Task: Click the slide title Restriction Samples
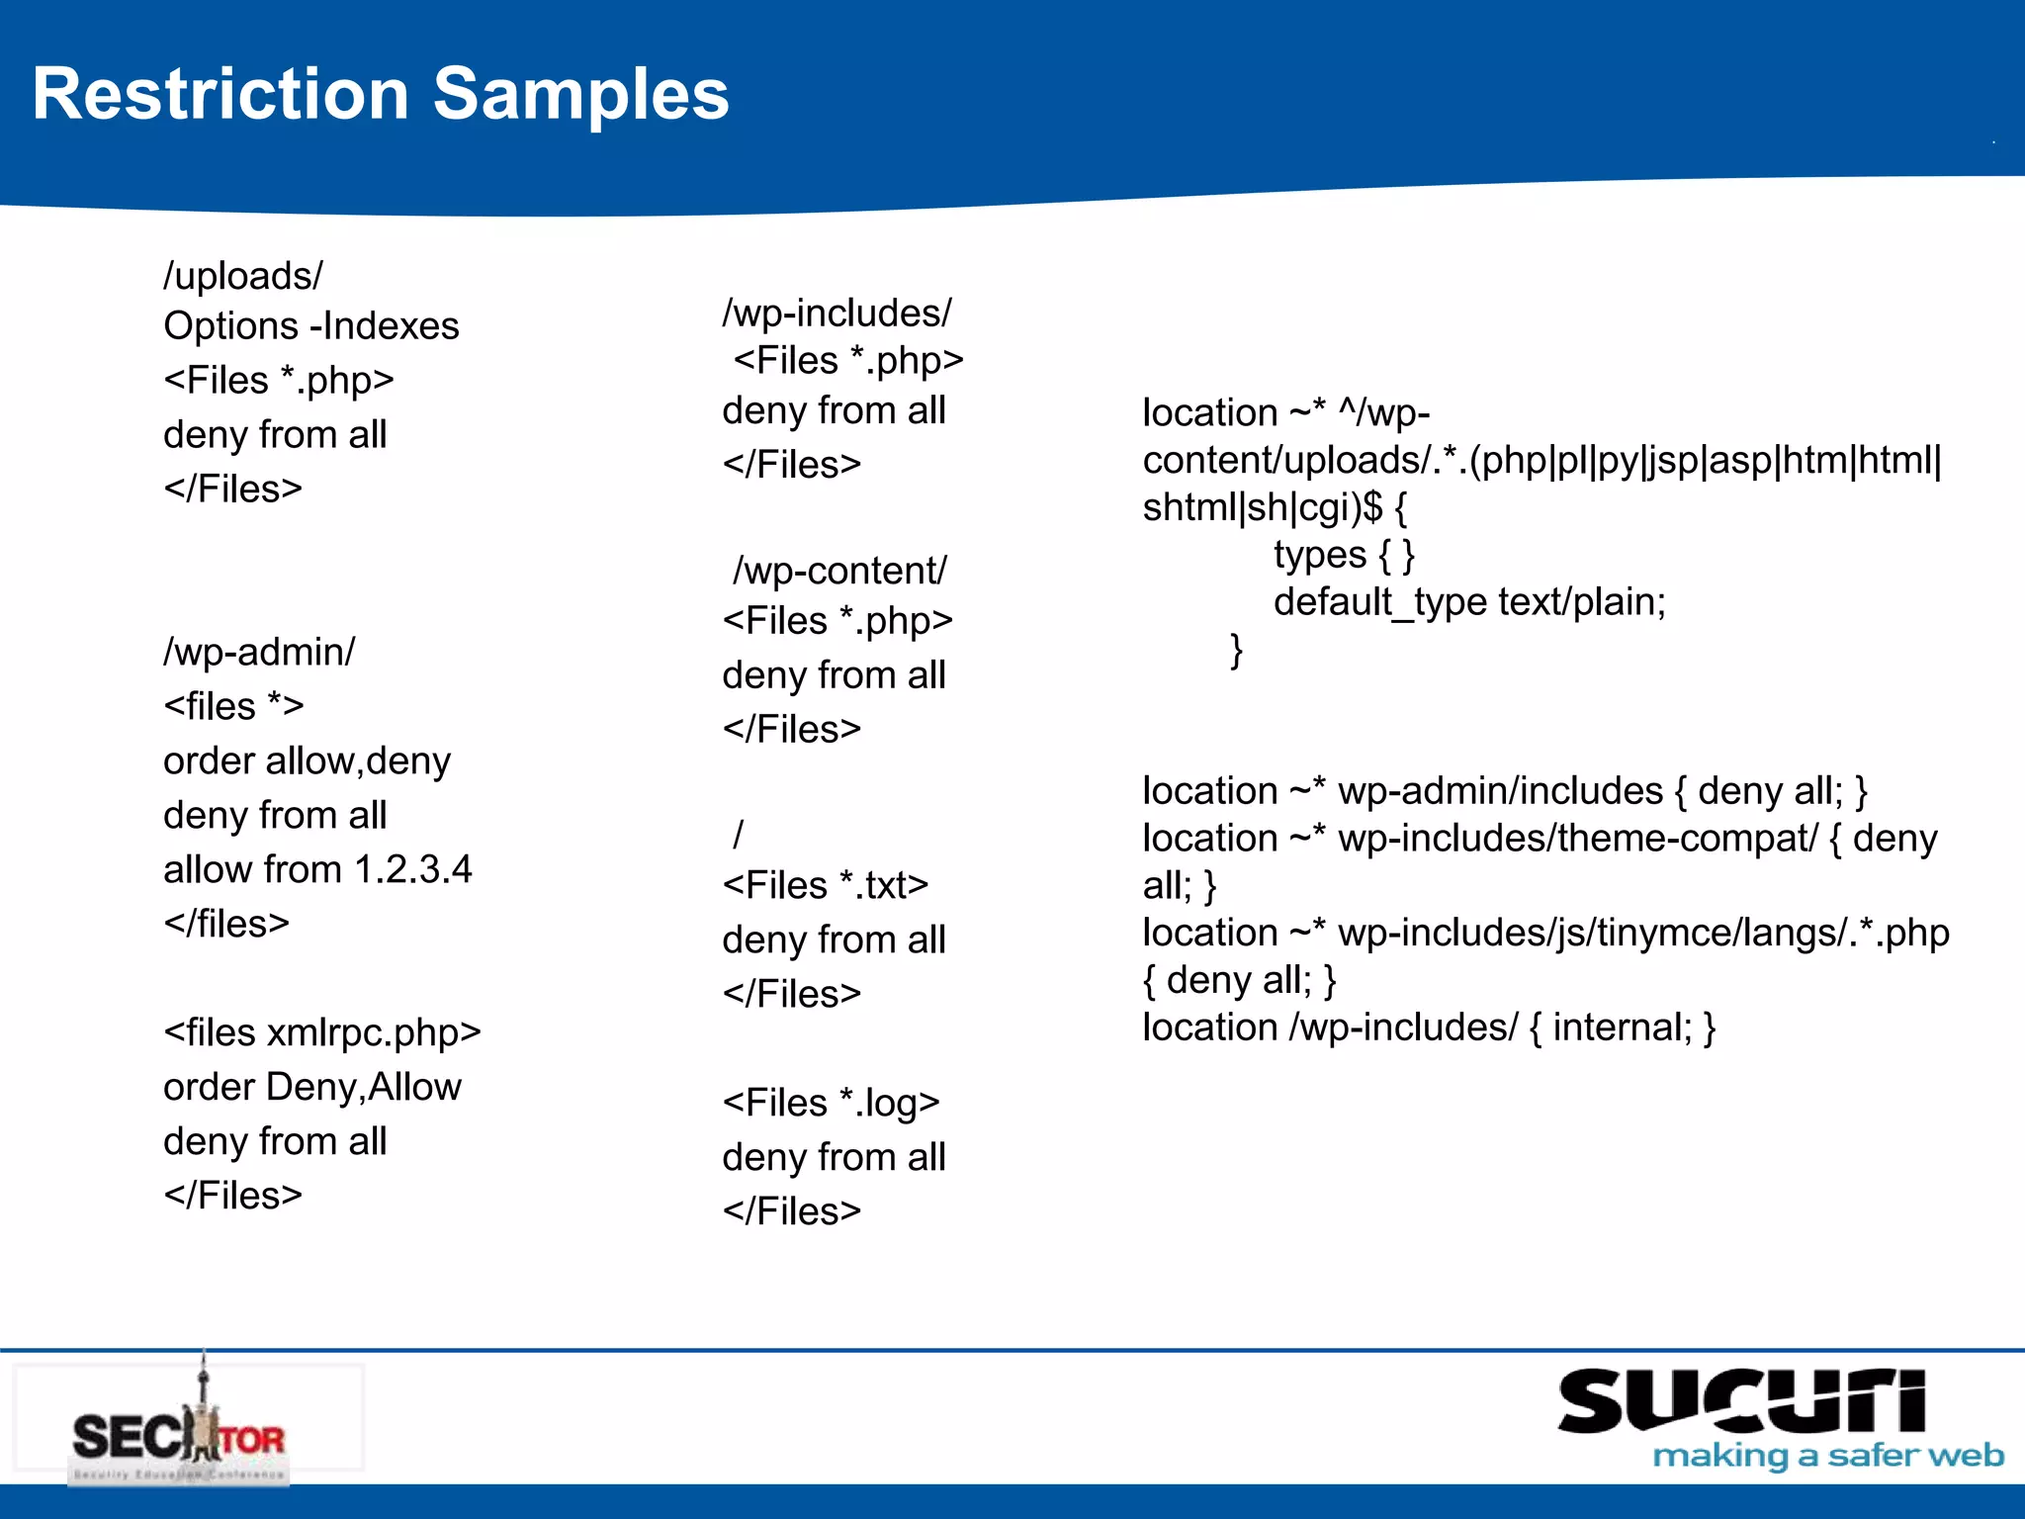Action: [381, 95]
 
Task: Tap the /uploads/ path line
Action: [243, 276]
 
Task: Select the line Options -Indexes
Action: [310, 326]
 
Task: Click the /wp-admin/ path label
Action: [259, 653]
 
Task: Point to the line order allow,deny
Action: [307, 761]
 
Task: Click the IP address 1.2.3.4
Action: [413, 870]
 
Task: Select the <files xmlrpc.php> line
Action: [322, 1033]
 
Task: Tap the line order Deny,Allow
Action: [312, 1088]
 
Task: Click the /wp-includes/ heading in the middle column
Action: [836, 313]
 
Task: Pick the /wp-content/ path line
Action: [839, 572]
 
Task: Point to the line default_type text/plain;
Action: [1469, 602]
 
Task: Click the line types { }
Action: [1344, 556]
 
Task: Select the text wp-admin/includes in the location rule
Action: [1500, 792]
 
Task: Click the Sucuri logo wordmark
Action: [1741, 1401]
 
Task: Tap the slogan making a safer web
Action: [1828, 1456]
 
